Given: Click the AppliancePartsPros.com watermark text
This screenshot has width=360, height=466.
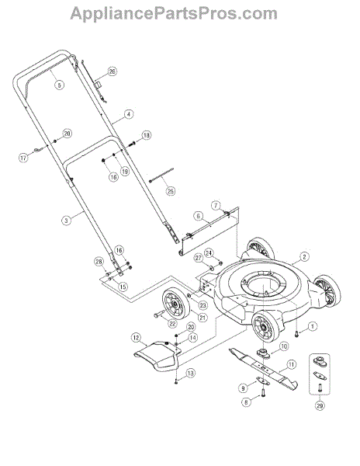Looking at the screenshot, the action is pyautogui.click(x=174, y=14).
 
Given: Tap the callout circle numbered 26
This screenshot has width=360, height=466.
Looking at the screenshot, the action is pyautogui.click(x=112, y=71).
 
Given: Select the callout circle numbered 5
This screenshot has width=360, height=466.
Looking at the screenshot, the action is pyautogui.click(x=60, y=85).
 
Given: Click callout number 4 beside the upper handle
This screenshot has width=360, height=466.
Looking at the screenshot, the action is pyautogui.click(x=129, y=114).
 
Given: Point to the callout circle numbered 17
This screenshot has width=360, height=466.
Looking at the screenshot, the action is pyautogui.click(x=23, y=158).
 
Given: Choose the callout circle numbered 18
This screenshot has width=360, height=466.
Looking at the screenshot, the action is pyautogui.click(x=147, y=135).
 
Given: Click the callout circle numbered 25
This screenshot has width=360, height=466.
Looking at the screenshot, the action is pyautogui.click(x=171, y=191).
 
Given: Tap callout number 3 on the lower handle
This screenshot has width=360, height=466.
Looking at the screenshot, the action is pyautogui.click(x=66, y=221).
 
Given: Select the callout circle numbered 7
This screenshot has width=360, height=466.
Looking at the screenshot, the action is pyautogui.click(x=216, y=205).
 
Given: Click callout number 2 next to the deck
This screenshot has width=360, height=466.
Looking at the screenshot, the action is pyautogui.click(x=304, y=256).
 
